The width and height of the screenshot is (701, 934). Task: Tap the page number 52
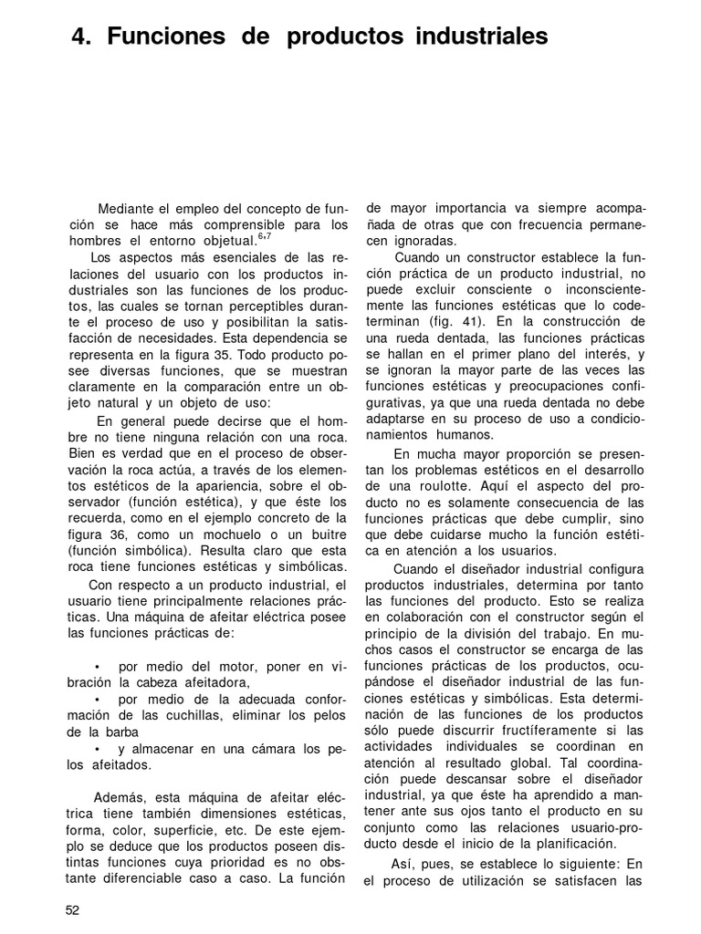click(x=73, y=909)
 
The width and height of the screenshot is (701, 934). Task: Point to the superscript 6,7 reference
click(x=266, y=237)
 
